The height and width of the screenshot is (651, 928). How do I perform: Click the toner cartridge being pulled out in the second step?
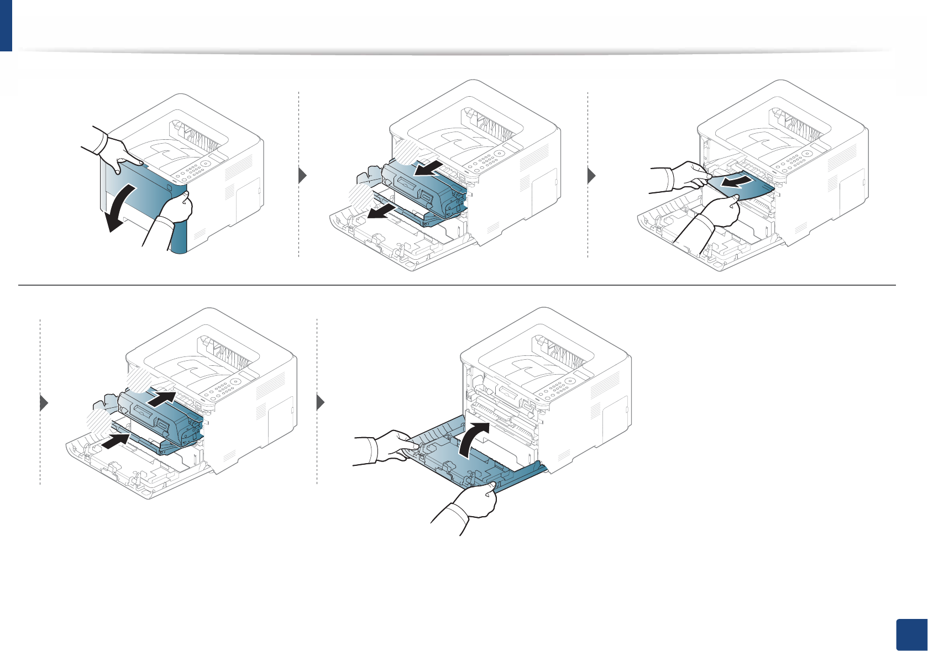click(x=426, y=188)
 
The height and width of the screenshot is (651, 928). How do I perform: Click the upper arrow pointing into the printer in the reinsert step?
click(x=164, y=398)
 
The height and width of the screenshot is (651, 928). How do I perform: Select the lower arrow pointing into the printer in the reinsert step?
click(x=117, y=440)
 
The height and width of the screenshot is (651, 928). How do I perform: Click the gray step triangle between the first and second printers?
click(x=302, y=176)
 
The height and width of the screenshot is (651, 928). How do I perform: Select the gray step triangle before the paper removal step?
click(x=591, y=176)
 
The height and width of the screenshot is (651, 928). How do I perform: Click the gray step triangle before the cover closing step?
click(x=321, y=403)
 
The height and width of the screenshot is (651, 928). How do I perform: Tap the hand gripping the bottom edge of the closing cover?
click(x=475, y=500)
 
